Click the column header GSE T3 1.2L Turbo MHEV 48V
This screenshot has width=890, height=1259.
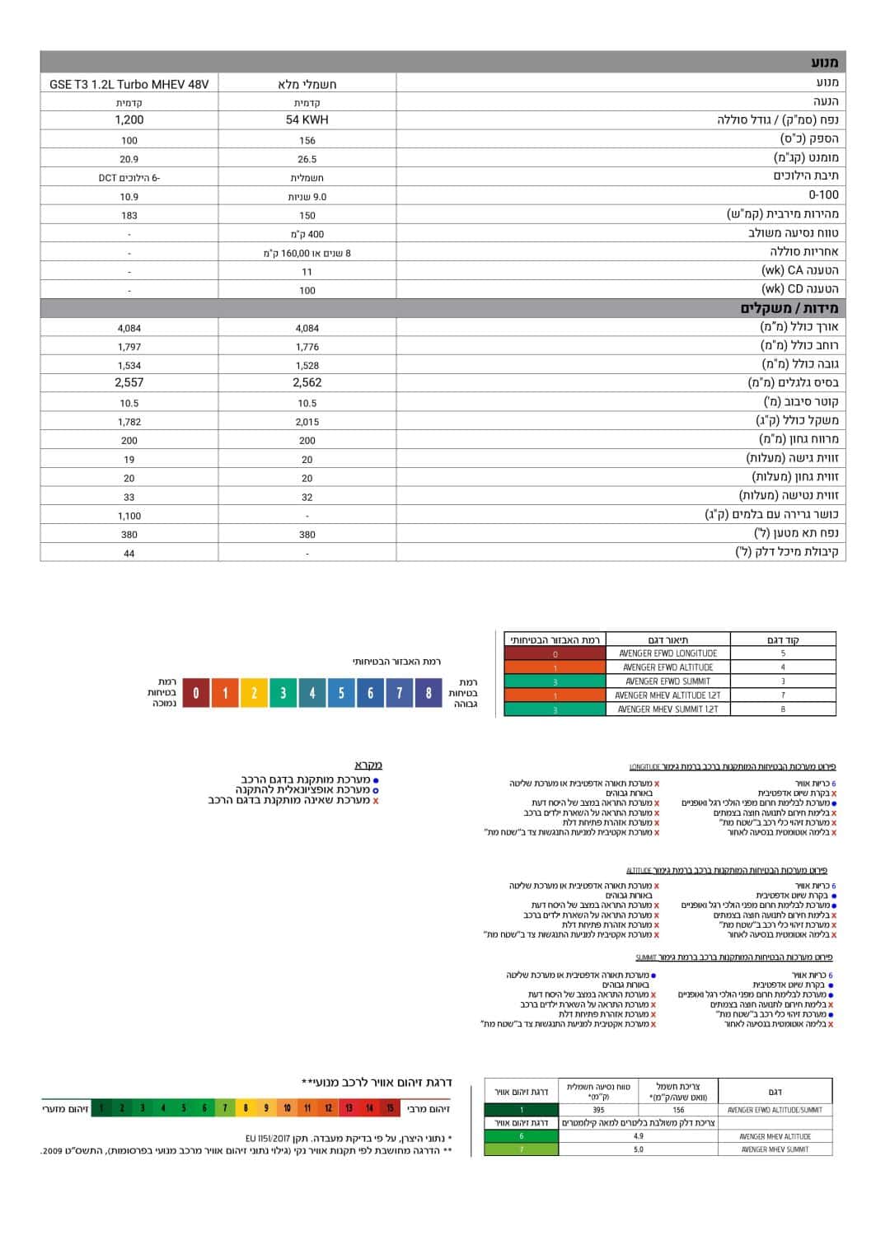click(129, 84)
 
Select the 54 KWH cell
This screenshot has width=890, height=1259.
click(307, 120)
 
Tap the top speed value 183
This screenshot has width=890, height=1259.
click(129, 216)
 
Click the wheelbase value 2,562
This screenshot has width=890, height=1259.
click(307, 383)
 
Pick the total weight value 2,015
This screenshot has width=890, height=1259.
click(307, 422)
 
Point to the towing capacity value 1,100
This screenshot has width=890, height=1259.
click(129, 516)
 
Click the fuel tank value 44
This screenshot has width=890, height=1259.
click(129, 554)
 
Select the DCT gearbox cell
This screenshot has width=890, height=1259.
click(129, 178)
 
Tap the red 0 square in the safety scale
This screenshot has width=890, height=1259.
click(195, 694)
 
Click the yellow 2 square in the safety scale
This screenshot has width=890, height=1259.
click(254, 694)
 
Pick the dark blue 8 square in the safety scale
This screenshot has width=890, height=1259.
click(429, 694)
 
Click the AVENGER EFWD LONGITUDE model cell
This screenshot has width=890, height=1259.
click(667, 653)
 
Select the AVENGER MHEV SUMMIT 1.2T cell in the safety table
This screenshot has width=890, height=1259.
click(667, 709)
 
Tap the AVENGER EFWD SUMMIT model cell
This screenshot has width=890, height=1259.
click(667, 681)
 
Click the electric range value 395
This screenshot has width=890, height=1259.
click(598, 1110)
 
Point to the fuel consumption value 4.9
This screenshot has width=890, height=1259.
click(639, 1136)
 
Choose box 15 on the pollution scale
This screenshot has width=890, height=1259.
click(391, 1108)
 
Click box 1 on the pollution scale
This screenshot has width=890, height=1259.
click(101, 1108)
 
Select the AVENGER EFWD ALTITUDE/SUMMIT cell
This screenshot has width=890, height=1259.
click(775, 1110)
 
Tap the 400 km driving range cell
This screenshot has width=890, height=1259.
click(307, 235)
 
